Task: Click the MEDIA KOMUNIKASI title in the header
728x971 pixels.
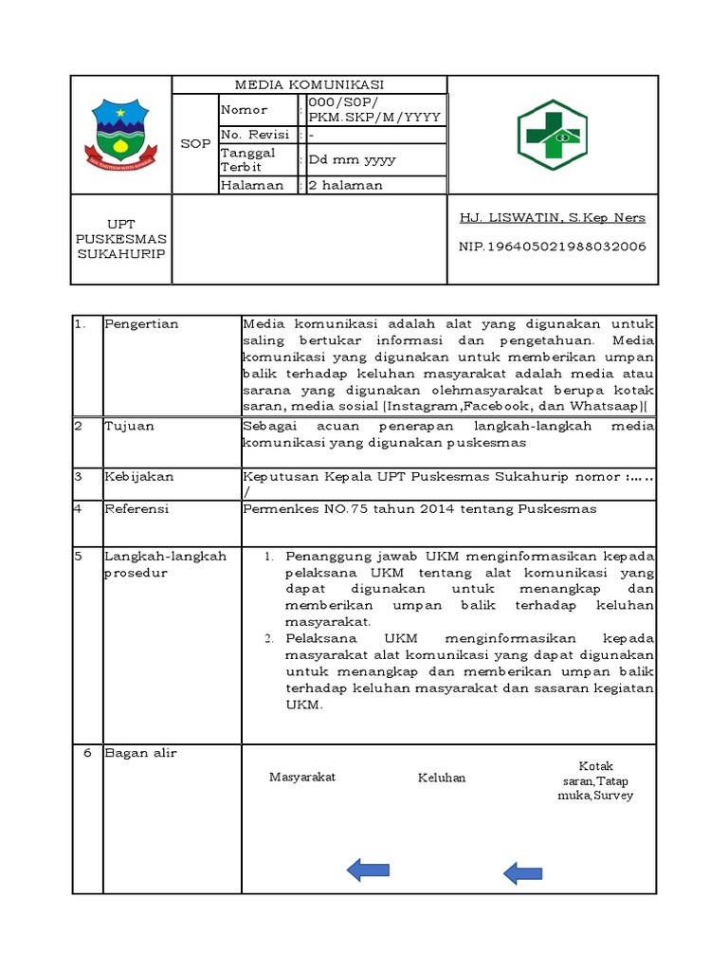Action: coord(309,84)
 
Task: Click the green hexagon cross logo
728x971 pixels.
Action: coord(552,135)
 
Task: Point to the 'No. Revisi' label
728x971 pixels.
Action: coord(255,135)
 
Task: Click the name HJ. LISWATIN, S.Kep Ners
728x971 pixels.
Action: coord(552,217)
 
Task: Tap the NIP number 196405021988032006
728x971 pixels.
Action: coord(552,247)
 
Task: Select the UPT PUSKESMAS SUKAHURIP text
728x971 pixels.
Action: coord(120,239)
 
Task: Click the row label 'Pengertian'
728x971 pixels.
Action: coord(141,324)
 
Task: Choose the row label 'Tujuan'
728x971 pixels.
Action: coord(129,427)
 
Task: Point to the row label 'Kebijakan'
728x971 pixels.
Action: coord(138,477)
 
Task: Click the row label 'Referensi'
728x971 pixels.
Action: coord(136,509)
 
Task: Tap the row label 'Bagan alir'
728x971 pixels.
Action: coord(140,753)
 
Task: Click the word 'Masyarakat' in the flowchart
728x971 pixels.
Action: coord(302,778)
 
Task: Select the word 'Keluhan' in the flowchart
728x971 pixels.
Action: coord(442,779)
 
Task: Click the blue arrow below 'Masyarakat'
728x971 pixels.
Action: coord(368,869)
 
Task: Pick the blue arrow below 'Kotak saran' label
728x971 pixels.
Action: coord(522,873)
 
